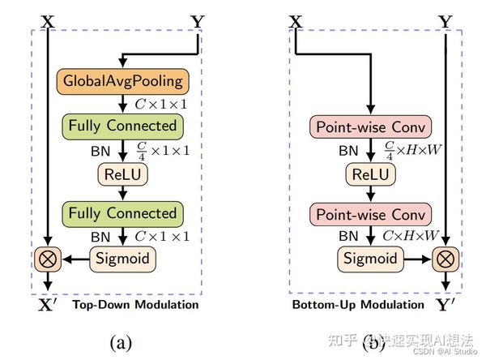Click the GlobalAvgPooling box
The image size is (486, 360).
[x=122, y=82]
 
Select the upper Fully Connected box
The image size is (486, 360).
[x=122, y=126]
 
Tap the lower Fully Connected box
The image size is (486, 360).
[x=122, y=214]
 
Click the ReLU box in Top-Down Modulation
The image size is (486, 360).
[x=122, y=174]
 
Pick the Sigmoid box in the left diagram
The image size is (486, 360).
[x=122, y=259]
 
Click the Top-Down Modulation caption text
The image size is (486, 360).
[x=135, y=305]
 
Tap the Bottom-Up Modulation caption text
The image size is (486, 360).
[x=357, y=305]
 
